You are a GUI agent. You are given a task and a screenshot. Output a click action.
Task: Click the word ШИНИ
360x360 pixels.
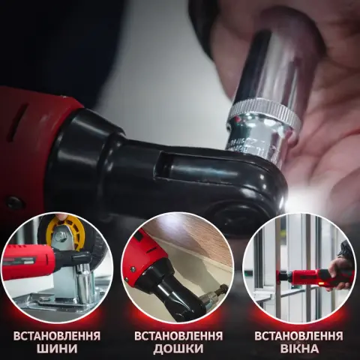coord(57,349)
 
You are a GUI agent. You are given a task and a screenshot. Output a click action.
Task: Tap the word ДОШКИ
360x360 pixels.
coord(178,349)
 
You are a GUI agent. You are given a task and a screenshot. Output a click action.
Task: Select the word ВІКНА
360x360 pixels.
coord(299,349)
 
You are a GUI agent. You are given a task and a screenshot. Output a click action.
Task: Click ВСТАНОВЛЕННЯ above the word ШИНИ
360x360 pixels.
coord(57,336)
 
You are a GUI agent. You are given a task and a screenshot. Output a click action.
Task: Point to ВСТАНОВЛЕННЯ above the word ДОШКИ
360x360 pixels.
coord(178,336)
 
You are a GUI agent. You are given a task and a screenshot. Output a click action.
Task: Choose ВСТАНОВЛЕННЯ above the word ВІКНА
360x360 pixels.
coord(299,336)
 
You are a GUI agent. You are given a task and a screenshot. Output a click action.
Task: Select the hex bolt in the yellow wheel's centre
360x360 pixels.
coord(60,235)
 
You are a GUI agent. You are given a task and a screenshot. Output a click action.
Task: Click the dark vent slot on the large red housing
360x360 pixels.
coord(19,121)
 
